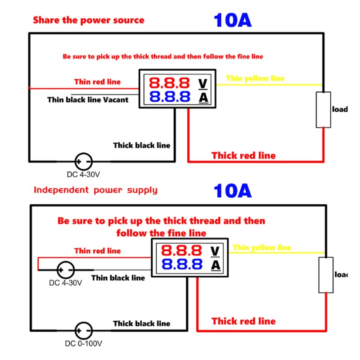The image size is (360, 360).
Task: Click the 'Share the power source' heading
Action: (x=88, y=20)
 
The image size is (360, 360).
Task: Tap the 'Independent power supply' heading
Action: (x=95, y=189)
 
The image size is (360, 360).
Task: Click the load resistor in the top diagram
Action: (x=323, y=110)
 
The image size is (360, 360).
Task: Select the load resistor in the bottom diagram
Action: (x=326, y=275)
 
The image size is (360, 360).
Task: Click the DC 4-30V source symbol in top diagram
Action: (x=83, y=161)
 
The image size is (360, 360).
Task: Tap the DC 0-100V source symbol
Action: (x=83, y=330)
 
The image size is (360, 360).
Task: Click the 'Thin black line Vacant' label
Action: (x=87, y=99)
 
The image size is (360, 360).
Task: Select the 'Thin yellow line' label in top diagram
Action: (x=255, y=78)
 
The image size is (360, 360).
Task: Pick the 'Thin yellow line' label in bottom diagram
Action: (x=262, y=247)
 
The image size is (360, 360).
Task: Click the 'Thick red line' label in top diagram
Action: (x=243, y=156)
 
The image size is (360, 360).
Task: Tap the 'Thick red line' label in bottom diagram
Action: (x=243, y=321)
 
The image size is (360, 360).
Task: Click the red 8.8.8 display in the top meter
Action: (x=170, y=83)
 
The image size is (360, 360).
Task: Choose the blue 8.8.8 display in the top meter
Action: (x=170, y=97)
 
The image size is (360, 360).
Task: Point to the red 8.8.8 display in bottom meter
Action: (x=182, y=251)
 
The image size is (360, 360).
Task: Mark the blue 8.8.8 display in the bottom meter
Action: (x=182, y=265)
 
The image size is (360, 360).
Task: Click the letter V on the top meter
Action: (x=203, y=83)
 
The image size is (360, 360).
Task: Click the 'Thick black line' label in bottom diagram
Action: (x=141, y=323)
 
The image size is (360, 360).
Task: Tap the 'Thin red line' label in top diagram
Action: (x=97, y=81)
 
